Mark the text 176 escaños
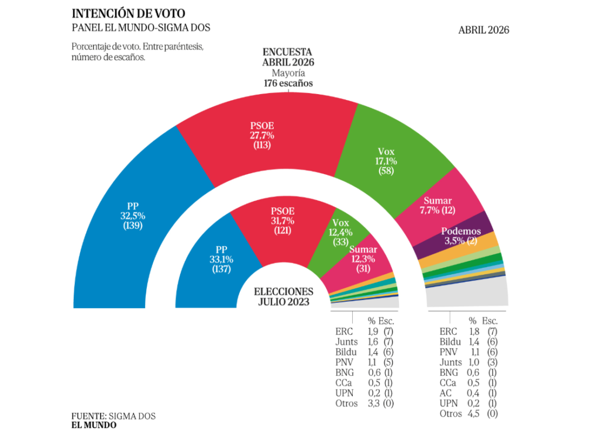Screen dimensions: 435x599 pyautogui.click(x=287, y=83)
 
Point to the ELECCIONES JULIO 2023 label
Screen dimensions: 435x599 pyautogui.click(x=284, y=296)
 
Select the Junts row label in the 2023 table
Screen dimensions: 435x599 pyautogui.click(x=346, y=341)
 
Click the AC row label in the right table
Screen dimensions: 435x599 pyautogui.click(x=445, y=393)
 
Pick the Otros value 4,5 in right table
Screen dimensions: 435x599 pyautogui.click(x=473, y=414)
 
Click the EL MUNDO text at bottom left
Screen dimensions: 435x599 pyautogui.click(x=94, y=425)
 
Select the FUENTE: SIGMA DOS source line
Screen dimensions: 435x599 pyautogui.click(x=114, y=416)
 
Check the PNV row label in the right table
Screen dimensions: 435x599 pyautogui.click(x=448, y=352)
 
